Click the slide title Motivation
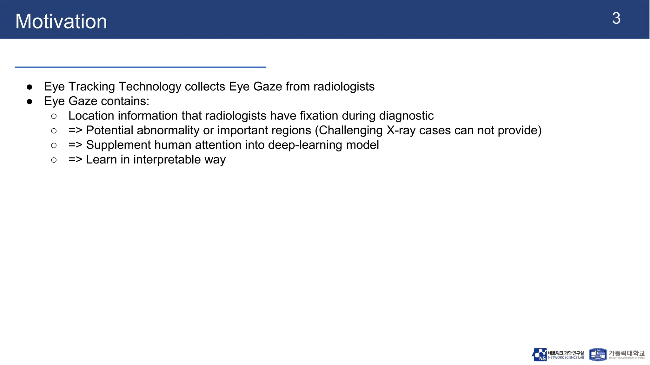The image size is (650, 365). pyautogui.click(x=61, y=21)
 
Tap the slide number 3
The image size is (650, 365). pyautogui.click(x=616, y=18)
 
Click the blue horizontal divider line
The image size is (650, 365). pyautogui.click(x=140, y=67)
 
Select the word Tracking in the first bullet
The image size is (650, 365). pyautogui.click(x=91, y=86)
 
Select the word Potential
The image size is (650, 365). pyautogui.click(x=110, y=130)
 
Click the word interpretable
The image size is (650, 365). pyautogui.click(x=167, y=159)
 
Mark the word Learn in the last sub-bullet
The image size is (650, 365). pyautogui.click(x=101, y=159)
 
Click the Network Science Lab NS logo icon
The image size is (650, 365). pyautogui.click(x=539, y=355)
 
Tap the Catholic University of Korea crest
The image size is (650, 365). pyautogui.click(x=598, y=355)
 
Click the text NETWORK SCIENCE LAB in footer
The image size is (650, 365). pyautogui.click(x=566, y=358)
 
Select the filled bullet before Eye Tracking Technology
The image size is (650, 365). pyautogui.click(x=30, y=87)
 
